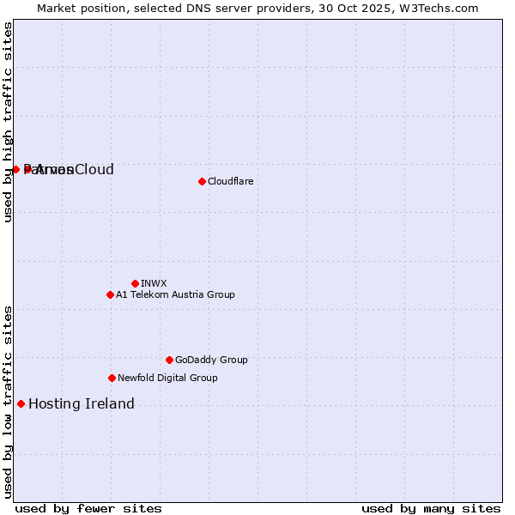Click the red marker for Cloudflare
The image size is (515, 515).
click(x=202, y=181)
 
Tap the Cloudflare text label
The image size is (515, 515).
click(x=230, y=181)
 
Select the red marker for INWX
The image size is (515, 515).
click(x=135, y=283)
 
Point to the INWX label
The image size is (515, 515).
click(x=154, y=283)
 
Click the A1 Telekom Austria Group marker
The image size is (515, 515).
click(x=110, y=294)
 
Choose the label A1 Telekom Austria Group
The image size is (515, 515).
click(x=175, y=294)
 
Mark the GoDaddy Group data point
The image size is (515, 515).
click(x=169, y=360)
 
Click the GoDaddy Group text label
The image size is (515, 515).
click(x=211, y=360)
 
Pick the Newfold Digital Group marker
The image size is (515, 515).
click(x=112, y=378)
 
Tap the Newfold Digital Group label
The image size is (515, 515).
click(x=167, y=378)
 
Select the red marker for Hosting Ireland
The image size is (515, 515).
click(x=21, y=403)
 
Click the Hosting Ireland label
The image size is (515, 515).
click(x=82, y=403)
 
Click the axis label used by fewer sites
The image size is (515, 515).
click(x=88, y=508)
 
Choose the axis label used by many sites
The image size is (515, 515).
click(x=431, y=508)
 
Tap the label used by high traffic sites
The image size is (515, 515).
click(x=8, y=122)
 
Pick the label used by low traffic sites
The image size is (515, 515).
click(x=8, y=401)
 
